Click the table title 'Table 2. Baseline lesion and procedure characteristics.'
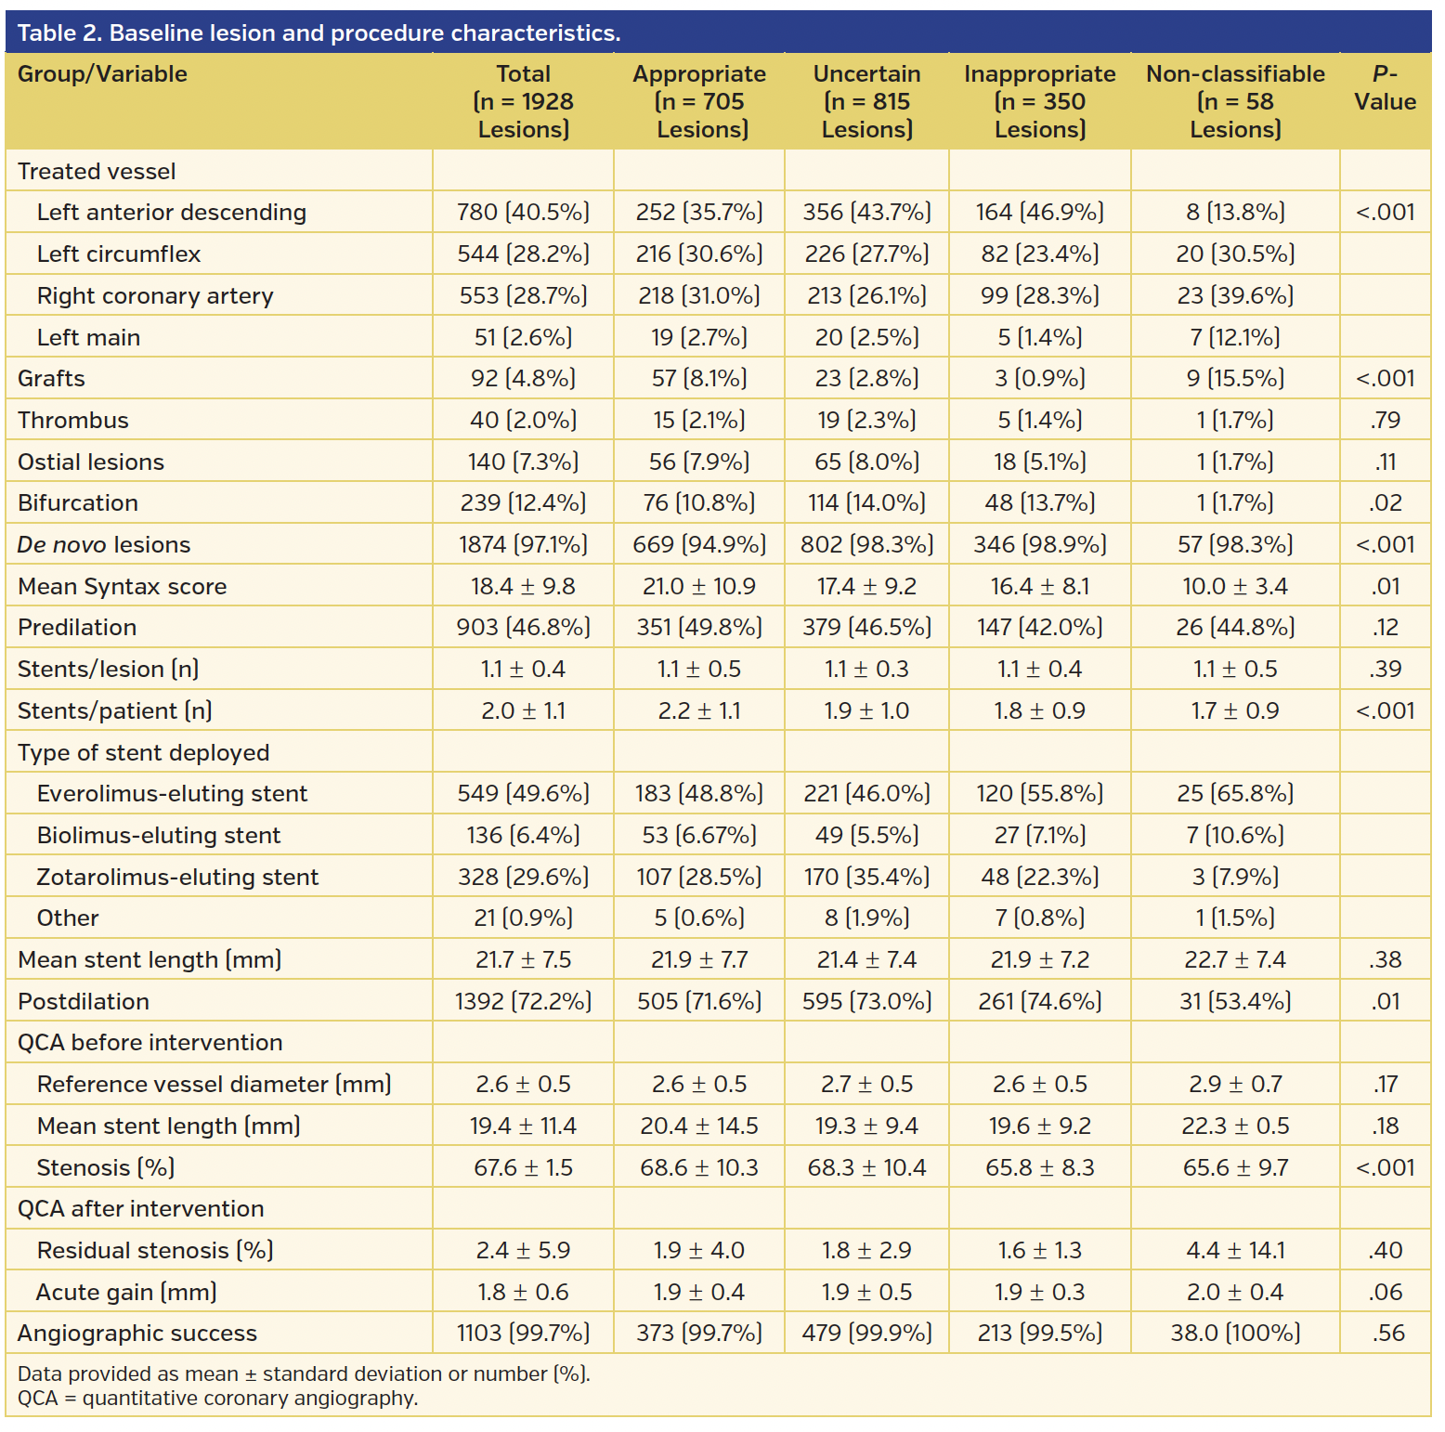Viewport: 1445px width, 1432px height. [x=319, y=33]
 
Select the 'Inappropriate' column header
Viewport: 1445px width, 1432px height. [x=1039, y=74]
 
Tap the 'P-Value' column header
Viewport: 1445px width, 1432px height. [x=1384, y=88]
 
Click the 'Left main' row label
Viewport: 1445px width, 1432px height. [x=88, y=337]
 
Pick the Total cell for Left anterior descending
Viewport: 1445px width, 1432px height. [x=523, y=213]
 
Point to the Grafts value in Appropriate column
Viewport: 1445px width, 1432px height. [x=699, y=379]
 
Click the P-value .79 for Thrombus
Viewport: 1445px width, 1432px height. [x=1385, y=421]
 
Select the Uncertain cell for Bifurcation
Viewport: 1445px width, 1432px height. [x=866, y=503]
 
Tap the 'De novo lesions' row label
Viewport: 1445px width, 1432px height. [x=104, y=545]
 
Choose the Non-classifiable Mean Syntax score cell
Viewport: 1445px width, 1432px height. [x=1234, y=587]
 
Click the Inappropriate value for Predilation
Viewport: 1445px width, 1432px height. [x=1039, y=628]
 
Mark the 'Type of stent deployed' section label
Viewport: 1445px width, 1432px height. [x=143, y=753]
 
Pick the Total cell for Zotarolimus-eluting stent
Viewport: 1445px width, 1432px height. [x=523, y=878]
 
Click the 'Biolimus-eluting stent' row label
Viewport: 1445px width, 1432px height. [x=158, y=836]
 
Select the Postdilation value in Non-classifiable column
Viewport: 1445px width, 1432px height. [x=1234, y=1002]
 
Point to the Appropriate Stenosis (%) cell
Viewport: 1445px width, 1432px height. [x=699, y=1168]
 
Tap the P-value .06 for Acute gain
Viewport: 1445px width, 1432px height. [x=1385, y=1293]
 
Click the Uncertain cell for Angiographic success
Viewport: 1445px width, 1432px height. [x=866, y=1334]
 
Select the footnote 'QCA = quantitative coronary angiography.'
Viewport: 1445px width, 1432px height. [x=217, y=1399]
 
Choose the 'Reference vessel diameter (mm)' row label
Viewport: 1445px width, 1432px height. [x=214, y=1085]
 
